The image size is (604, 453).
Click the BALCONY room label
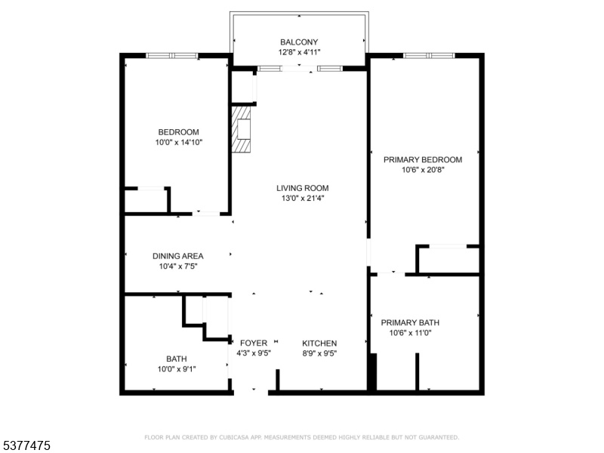[299, 42]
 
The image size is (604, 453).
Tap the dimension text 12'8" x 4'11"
[299, 52]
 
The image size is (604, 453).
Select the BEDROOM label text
[179, 132]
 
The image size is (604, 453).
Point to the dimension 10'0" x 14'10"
[179, 143]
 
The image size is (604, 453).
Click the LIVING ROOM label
[303, 188]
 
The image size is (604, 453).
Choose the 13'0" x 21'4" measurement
[303, 199]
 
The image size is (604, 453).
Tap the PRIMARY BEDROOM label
[423, 159]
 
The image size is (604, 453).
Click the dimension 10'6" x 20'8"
[423, 170]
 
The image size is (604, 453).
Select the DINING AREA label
[178, 256]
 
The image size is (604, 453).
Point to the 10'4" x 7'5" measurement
[178, 267]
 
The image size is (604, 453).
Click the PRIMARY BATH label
[410, 322]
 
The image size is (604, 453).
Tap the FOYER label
[254, 343]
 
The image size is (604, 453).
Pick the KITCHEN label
[319, 343]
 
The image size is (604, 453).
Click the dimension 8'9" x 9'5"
[319, 353]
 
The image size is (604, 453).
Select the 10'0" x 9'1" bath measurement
[177, 369]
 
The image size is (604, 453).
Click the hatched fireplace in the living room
[241, 129]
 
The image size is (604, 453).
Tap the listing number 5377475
[26, 445]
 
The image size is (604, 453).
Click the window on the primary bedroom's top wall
[429, 55]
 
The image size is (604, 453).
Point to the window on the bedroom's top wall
[172, 55]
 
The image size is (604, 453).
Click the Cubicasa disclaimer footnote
[301, 437]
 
